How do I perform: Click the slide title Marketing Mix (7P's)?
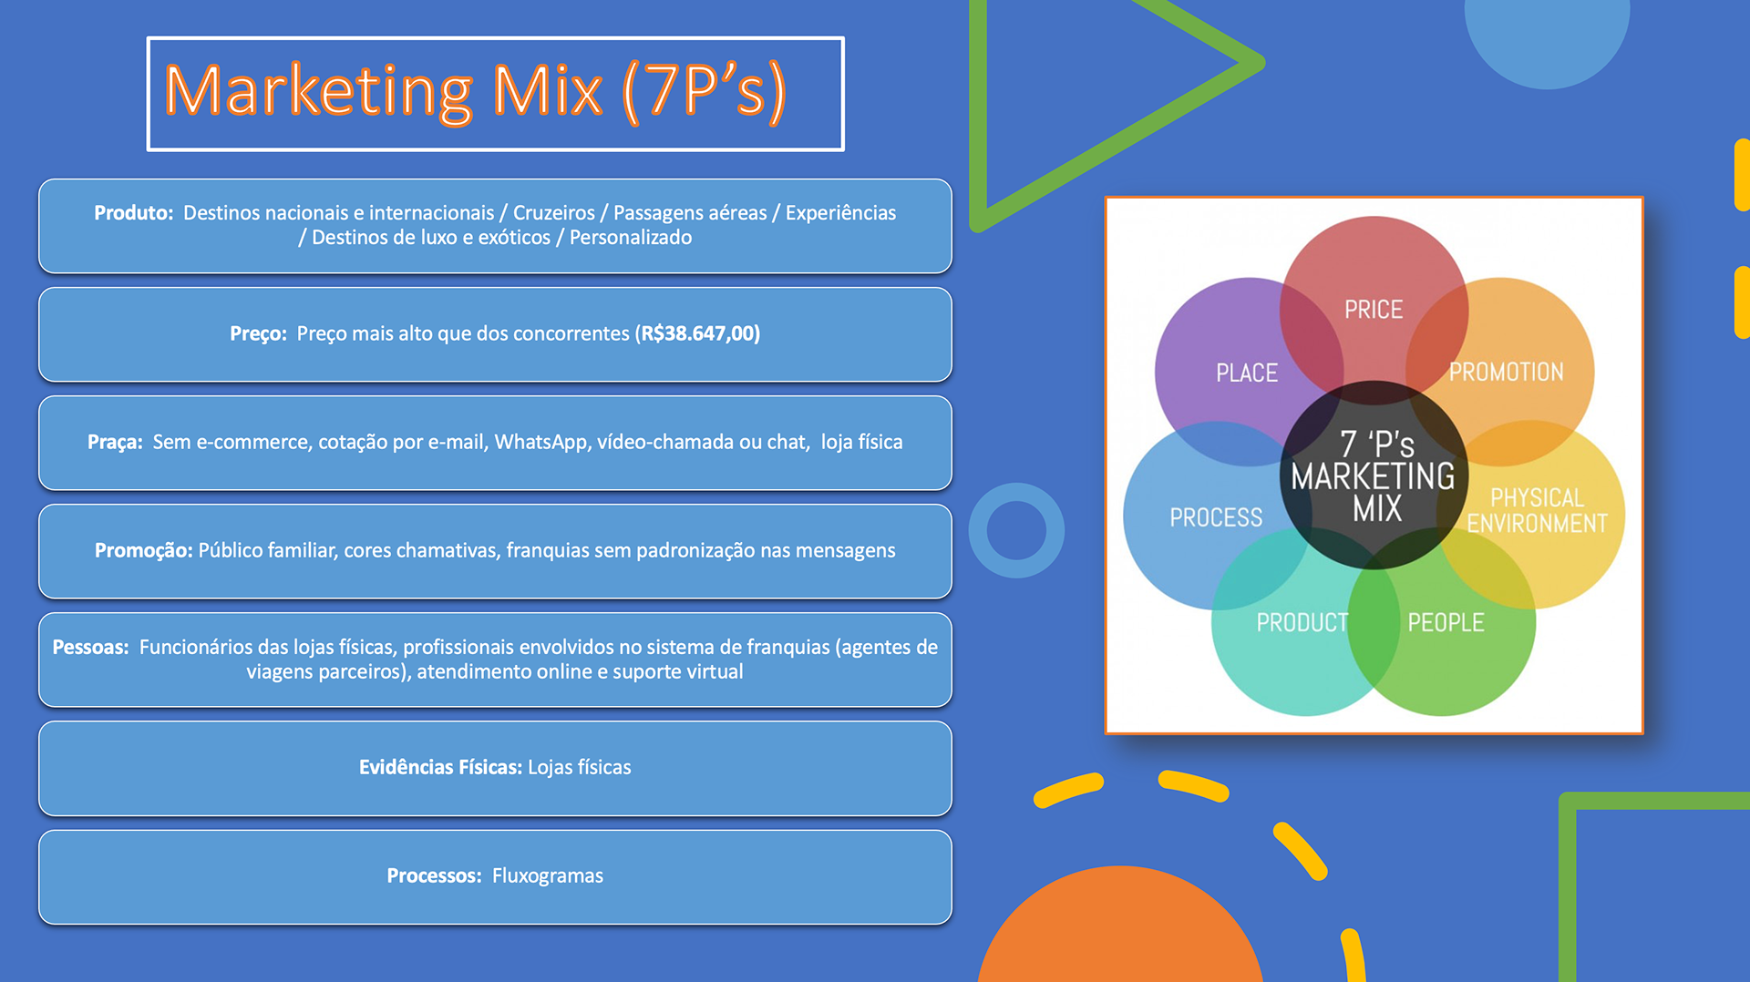[475, 91]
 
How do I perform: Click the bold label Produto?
[133, 212]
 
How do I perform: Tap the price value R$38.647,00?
[698, 333]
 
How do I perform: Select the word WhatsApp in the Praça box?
[540, 442]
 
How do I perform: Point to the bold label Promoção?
[143, 550]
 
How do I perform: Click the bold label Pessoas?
[90, 647]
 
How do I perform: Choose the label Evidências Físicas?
[440, 767]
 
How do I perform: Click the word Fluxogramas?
[548, 875]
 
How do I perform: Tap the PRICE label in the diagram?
[1374, 310]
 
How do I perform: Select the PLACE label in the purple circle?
[1247, 373]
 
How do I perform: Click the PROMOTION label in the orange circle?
[1507, 372]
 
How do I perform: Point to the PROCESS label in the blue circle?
[1216, 517]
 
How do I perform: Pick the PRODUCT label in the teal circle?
[1302, 622]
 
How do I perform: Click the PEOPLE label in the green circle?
[1446, 622]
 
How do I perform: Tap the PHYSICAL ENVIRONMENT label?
[1537, 510]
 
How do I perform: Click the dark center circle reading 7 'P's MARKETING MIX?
[1374, 476]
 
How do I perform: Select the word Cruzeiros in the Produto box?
[553, 212]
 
